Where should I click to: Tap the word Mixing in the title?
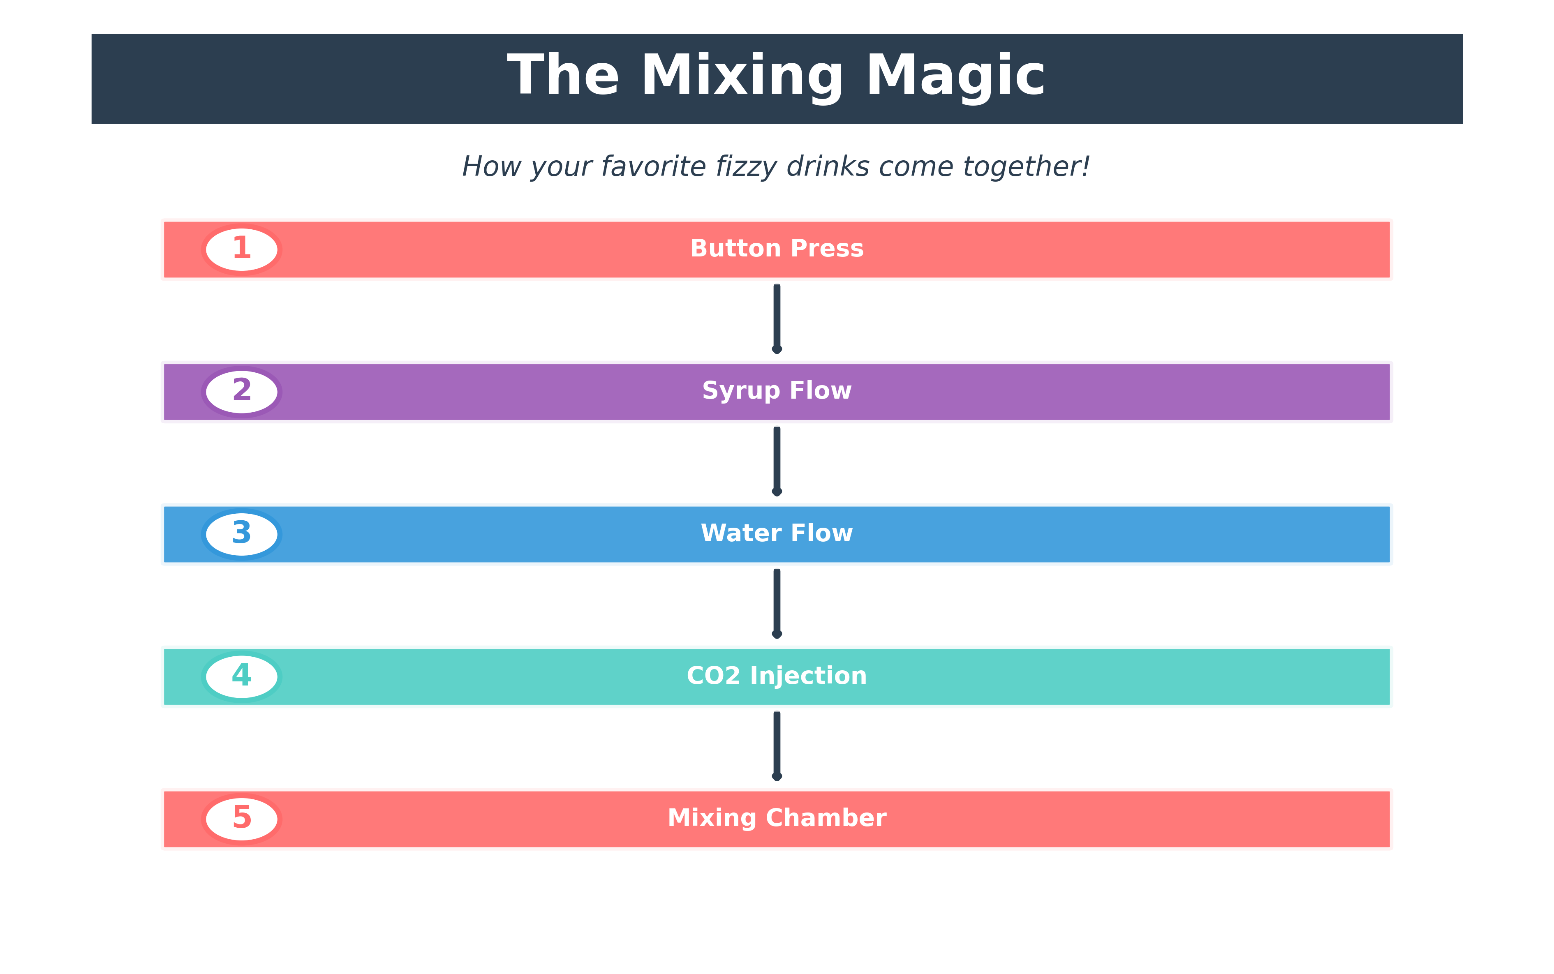click(x=742, y=76)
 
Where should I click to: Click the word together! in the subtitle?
click(x=1026, y=167)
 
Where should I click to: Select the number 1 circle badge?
click(x=242, y=249)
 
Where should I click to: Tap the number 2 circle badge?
click(x=242, y=392)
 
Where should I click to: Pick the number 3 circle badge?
click(x=242, y=534)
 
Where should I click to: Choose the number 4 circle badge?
click(x=242, y=676)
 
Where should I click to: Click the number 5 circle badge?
click(x=242, y=819)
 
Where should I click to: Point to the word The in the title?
click(x=563, y=76)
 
